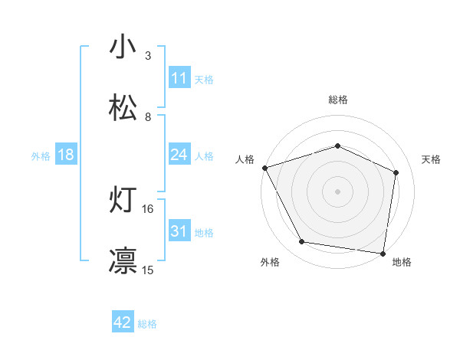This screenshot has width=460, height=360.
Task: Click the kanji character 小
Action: point(123,46)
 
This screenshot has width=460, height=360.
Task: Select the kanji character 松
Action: point(123,108)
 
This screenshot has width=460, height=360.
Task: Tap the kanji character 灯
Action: point(123,201)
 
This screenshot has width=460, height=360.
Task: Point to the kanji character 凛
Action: point(123,260)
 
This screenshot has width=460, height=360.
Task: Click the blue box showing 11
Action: point(179,78)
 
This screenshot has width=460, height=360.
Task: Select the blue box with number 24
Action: point(179,155)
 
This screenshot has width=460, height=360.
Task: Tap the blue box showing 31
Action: point(179,232)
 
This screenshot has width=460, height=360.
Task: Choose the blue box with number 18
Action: point(66,155)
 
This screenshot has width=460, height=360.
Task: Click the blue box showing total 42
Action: point(123,323)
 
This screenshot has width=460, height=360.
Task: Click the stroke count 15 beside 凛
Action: point(148,270)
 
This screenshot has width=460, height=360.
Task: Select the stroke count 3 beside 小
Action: point(148,56)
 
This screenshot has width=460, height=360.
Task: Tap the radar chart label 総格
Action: point(338,100)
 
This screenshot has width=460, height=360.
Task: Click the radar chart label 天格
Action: point(431,159)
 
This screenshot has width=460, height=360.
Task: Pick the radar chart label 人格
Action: point(245,159)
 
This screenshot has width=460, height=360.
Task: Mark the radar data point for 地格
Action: point(383,252)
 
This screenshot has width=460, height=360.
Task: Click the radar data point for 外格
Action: point(302,242)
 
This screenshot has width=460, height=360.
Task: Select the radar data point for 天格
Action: point(396,172)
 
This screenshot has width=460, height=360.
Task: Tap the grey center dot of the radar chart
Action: point(338,191)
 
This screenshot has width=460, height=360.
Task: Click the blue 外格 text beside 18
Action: point(41,155)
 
